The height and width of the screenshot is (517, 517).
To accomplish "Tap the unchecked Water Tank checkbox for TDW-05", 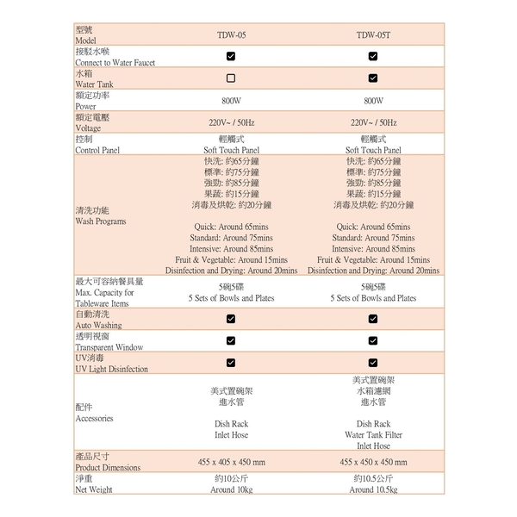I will point(231,78).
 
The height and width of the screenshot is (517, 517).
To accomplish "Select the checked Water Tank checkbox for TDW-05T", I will point(373,78).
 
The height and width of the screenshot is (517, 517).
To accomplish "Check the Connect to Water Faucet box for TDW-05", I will point(231,57).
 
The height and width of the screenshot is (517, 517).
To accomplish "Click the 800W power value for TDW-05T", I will point(373,101).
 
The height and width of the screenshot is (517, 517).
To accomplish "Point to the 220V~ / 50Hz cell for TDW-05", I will point(231,122).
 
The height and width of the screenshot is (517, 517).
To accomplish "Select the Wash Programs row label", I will point(101,221).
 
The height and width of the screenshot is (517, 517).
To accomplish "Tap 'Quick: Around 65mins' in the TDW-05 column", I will point(231,227).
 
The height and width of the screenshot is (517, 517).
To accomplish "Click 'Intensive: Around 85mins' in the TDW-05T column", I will point(373,248).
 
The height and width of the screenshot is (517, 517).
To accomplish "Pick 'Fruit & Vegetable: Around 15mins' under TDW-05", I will point(231,259).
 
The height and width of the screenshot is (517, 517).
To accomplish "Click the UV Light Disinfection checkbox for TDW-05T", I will point(373,363).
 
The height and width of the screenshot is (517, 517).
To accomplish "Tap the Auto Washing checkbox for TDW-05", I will point(231,319).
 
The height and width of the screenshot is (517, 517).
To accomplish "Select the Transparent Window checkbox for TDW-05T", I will point(373,341).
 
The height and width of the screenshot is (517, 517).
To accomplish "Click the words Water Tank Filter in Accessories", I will point(373,435).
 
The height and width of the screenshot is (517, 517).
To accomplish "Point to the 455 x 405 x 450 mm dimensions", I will point(231,463).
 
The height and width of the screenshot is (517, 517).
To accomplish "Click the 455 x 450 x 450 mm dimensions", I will point(373,463).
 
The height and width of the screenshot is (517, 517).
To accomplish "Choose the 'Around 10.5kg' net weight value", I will point(373,489).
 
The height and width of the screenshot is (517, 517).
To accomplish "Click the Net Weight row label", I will point(94,489).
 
